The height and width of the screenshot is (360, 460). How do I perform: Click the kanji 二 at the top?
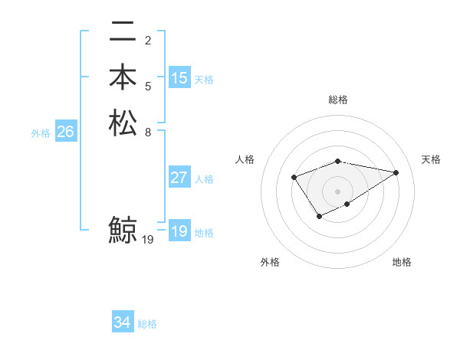pyautogui.click(x=123, y=34)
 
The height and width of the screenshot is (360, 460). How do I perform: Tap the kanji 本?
pyautogui.click(x=123, y=77)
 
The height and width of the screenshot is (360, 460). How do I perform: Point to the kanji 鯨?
pyautogui.click(x=123, y=230)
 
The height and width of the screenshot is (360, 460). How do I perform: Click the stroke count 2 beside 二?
pyautogui.click(x=148, y=41)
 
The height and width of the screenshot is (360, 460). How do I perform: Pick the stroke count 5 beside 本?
pyautogui.click(x=148, y=86)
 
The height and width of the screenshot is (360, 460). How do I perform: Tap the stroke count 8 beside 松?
pyautogui.click(x=148, y=132)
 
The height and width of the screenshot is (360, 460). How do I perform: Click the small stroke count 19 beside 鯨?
pyautogui.click(x=149, y=240)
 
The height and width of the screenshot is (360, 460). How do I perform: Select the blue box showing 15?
pyautogui.click(x=179, y=78)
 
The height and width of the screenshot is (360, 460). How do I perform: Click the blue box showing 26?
pyautogui.click(x=65, y=133)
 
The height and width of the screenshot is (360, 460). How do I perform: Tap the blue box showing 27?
pyautogui.click(x=179, y=178)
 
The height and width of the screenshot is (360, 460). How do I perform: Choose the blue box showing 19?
pyautogui.click(x=179, y=231)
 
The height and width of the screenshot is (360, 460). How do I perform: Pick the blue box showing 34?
pyautogui.click(x=123, y=322)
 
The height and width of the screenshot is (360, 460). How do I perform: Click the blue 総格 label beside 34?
pyautogui.click(x=147, y=324)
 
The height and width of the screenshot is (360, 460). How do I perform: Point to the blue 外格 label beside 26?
pyautogui.click(x=41, y=133)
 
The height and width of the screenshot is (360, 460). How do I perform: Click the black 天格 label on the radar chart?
pyautogui.click(x=431, y=159)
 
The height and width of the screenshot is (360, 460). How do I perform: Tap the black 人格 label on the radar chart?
pyautogui.click(x=245, y=159)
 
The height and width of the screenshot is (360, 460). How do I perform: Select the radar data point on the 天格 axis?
pyautogui.click(x=396, y=172)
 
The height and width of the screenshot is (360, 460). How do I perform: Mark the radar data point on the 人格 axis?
pyautogui.click(x=294, y=178)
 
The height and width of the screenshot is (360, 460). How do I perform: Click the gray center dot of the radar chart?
pyautogui.click(x=337, y=191)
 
